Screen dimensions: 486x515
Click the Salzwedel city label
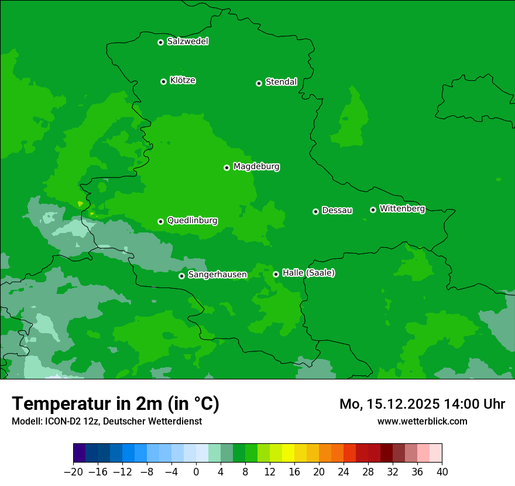[187, 42]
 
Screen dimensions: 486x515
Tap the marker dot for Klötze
[163, 81]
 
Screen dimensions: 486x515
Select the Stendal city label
[281, 82]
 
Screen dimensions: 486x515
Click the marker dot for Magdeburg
[226, 167]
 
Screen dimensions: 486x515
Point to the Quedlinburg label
[192, 221]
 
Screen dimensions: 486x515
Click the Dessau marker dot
[315, 211]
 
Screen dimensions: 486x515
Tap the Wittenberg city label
[402, 208]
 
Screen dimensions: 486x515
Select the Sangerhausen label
[217, 275]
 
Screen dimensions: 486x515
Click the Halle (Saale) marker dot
[276, 274]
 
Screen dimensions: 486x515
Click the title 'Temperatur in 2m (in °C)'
[115, 403]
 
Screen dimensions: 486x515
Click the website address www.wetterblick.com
[422, 421]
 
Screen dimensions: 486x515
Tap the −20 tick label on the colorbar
[73, 472]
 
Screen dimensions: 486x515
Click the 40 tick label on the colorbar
[442, 472]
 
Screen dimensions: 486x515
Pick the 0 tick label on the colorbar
[196, 472]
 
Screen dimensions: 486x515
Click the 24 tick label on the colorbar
[344, 472]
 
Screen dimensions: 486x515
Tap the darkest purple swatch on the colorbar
[80, 453]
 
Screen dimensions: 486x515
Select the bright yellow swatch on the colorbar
[289, 453]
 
